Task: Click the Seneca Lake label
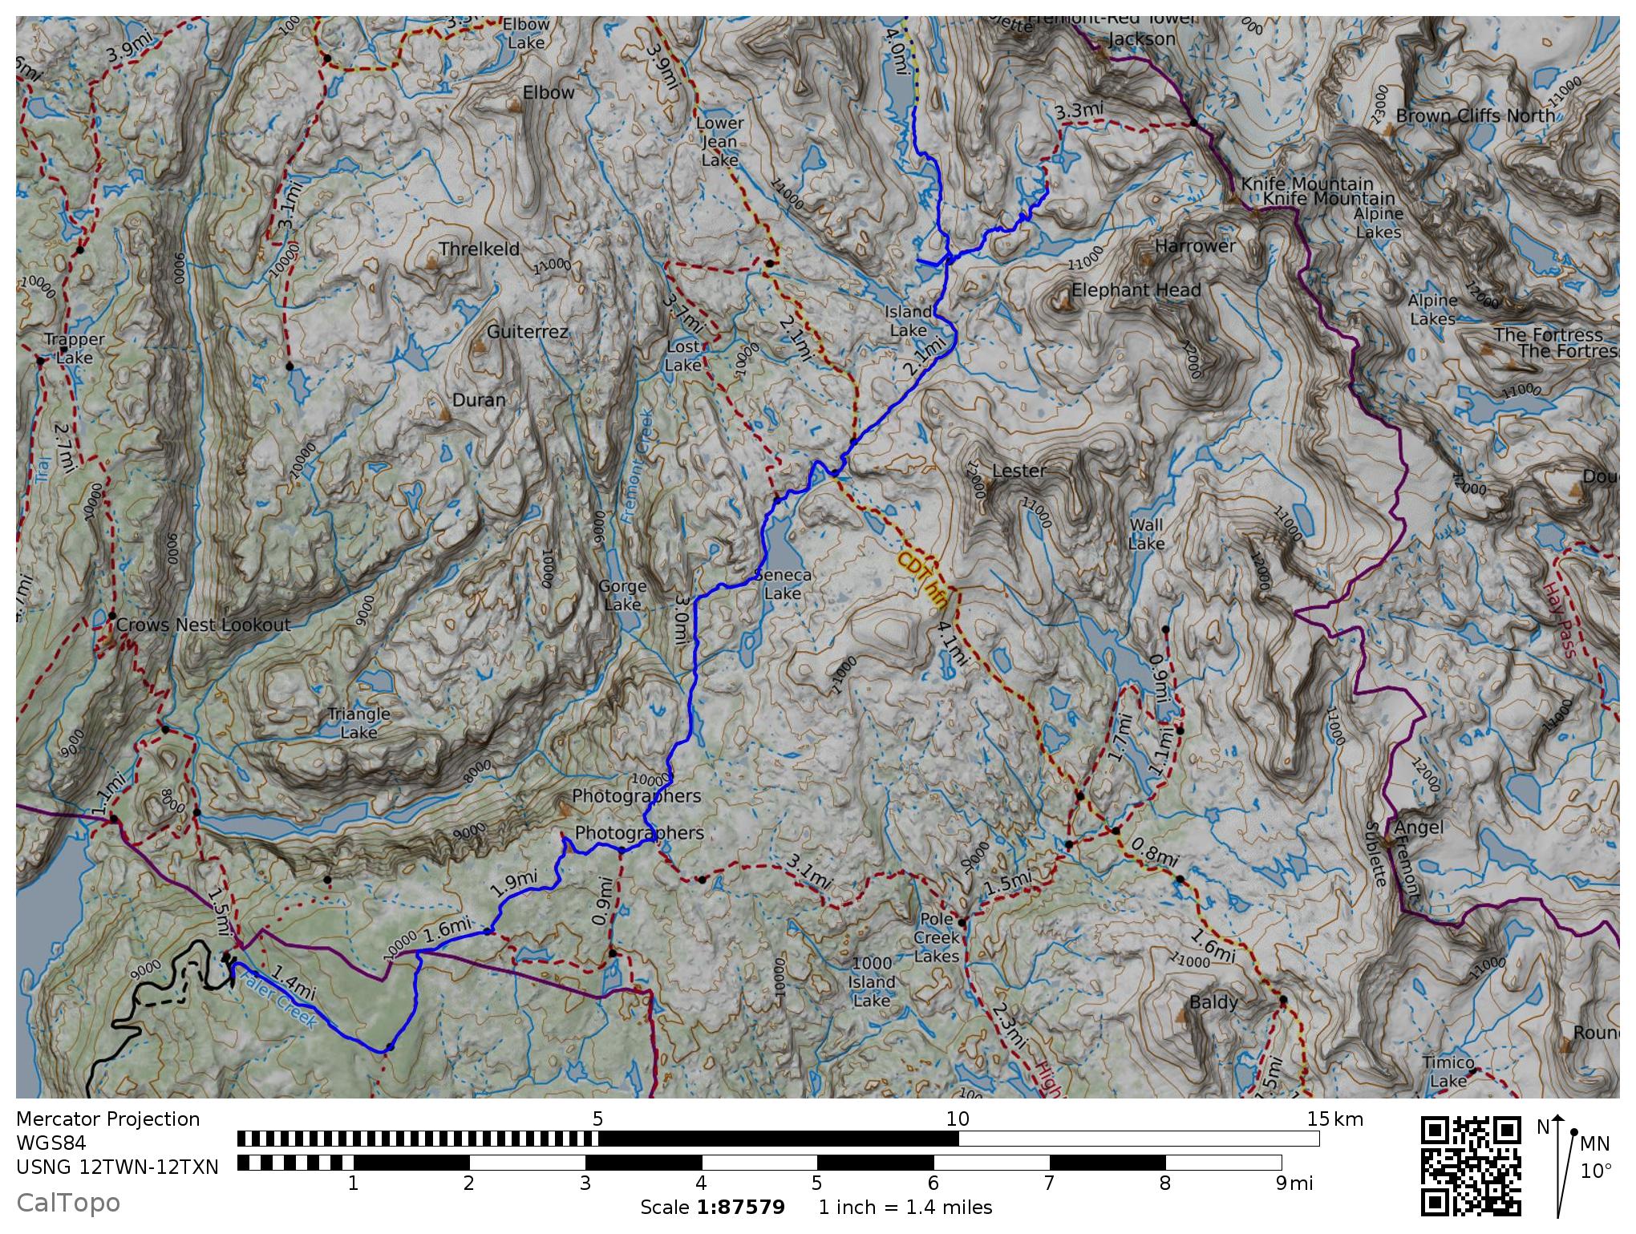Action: [783, 585]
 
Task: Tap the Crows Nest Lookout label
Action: [203, 625]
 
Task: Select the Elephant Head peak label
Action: [1136, 289]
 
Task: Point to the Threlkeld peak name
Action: [480, 249]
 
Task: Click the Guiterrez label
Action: [528, 331]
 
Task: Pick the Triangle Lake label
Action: [358, 722]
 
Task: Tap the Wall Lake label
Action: [1146, 534]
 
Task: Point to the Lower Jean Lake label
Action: [719, 141]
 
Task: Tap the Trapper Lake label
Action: [75, 349]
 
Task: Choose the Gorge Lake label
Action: [622, 595]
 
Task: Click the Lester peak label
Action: [1019, 471]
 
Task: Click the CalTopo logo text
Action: [68, 1203]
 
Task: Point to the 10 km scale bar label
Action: [958, 1119]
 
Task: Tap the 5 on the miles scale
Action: [816, 1183]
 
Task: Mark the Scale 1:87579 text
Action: [712, 1207]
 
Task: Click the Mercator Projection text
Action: [107, 1119]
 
